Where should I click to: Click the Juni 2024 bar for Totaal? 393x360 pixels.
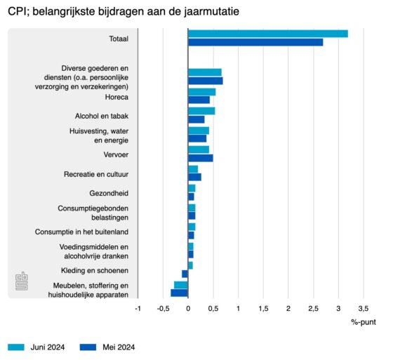(268, 34)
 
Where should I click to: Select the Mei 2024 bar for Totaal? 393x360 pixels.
(255, 42)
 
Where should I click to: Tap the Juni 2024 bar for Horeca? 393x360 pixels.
(202, 92)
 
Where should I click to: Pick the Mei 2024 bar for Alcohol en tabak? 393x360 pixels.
(196, 119)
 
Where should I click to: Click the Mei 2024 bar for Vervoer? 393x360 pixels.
(201, 158)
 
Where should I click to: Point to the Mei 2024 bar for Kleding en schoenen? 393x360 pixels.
(185, 274)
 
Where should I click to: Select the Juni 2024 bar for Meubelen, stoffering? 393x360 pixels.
(181, 285)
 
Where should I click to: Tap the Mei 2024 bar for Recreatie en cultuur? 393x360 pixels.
(195, 177)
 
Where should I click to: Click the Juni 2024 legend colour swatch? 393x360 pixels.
(16, 347)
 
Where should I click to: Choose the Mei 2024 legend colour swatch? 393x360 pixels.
(88, 347)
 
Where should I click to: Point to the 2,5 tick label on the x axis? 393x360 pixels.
(313, 309)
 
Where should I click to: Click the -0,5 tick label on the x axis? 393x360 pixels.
(163, 309)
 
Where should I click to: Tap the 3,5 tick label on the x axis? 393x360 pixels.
(364, 309)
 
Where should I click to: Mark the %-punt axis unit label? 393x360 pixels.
(364, 322)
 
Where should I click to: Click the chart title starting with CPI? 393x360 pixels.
(124, 11)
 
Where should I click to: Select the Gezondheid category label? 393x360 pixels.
(109, 193)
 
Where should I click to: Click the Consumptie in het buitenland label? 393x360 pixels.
(81, 232)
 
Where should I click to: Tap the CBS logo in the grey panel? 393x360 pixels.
(22, 281)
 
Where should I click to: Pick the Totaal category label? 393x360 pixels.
(119, 39)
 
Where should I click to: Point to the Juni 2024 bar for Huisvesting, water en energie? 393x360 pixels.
(199, 131)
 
